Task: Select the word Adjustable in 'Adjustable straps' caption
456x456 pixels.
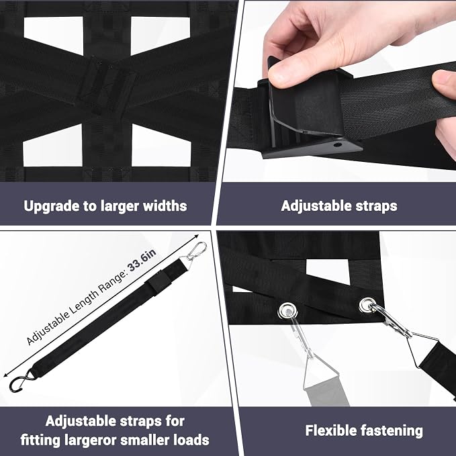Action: (312, 206)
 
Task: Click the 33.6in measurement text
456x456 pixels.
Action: (142, 261)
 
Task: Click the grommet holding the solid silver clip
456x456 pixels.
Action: (367, 305)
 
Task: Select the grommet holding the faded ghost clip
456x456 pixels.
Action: (287, 310)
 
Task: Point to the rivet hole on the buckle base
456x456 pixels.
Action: (337, 144)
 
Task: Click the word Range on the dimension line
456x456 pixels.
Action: (110, 283)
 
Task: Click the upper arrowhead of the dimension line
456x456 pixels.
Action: (196, 236)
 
